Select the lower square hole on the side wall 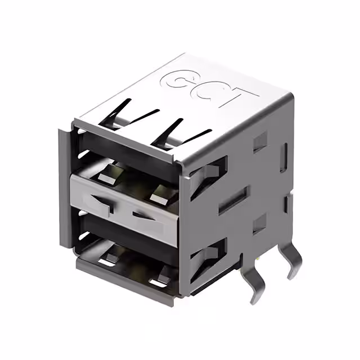coord(259,224)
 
